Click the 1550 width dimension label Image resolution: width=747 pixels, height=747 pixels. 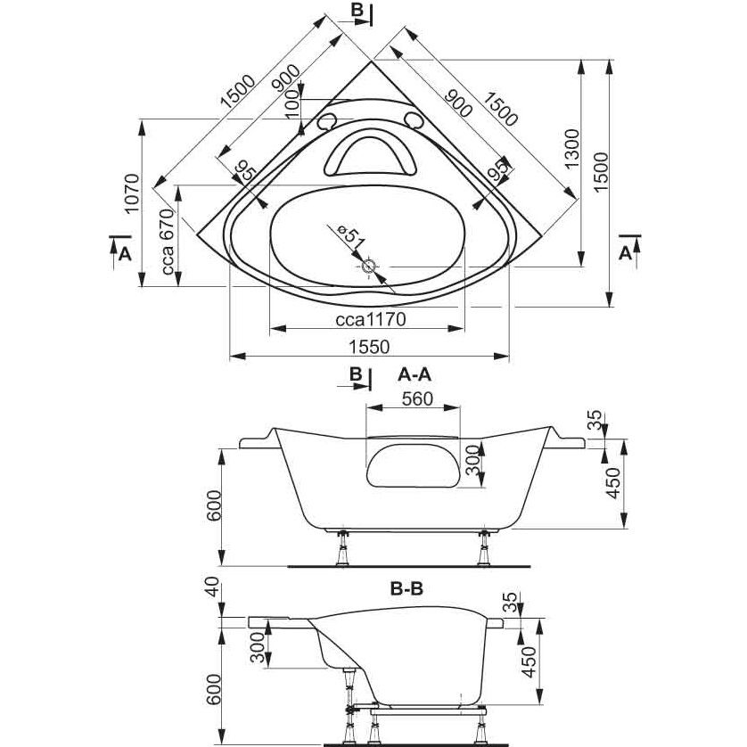[x=370, y=347]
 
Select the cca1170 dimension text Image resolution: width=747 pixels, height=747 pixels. [x=371, y=319]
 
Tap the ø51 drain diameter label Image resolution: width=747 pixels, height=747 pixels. [x=349, y=237]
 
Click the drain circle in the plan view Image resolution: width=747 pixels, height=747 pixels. [x=368, y=267]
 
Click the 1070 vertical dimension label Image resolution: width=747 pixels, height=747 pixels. [x=131, y=193]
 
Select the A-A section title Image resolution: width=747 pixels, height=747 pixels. [x=414, y=375]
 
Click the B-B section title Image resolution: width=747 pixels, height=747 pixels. [x=406, y=589]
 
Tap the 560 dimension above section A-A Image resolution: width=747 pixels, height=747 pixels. [x=417, y=398]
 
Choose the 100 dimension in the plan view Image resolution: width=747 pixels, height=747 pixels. [x=293, y=103]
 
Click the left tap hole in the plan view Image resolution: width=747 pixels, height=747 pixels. [x=326, y=121]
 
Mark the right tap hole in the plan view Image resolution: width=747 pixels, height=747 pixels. [x=413, y=119]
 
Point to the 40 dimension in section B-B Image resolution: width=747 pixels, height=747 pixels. [x=212, y=587]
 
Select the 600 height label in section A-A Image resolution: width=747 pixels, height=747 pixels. [x=214, y=505]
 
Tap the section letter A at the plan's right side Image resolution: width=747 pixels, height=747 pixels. [x=625, y=253]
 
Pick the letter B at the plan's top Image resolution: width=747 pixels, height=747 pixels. [x=357, y=10]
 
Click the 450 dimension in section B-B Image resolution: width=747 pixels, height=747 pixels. [x=529, y=662]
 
